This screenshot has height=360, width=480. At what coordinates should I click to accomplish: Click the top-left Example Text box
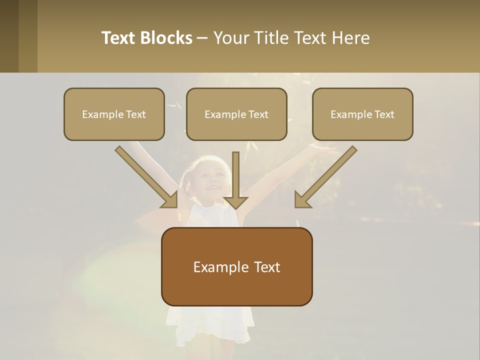point(114,114)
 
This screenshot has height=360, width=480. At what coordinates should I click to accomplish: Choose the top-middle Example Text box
point(236,114)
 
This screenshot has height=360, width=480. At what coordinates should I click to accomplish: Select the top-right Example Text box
point(362,114)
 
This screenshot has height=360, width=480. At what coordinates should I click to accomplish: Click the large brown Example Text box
point(236,267)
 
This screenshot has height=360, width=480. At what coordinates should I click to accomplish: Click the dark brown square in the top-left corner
point(9,36)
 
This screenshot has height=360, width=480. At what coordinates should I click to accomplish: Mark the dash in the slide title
point(202,38)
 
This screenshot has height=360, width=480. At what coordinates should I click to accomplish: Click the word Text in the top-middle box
point(258,114)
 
